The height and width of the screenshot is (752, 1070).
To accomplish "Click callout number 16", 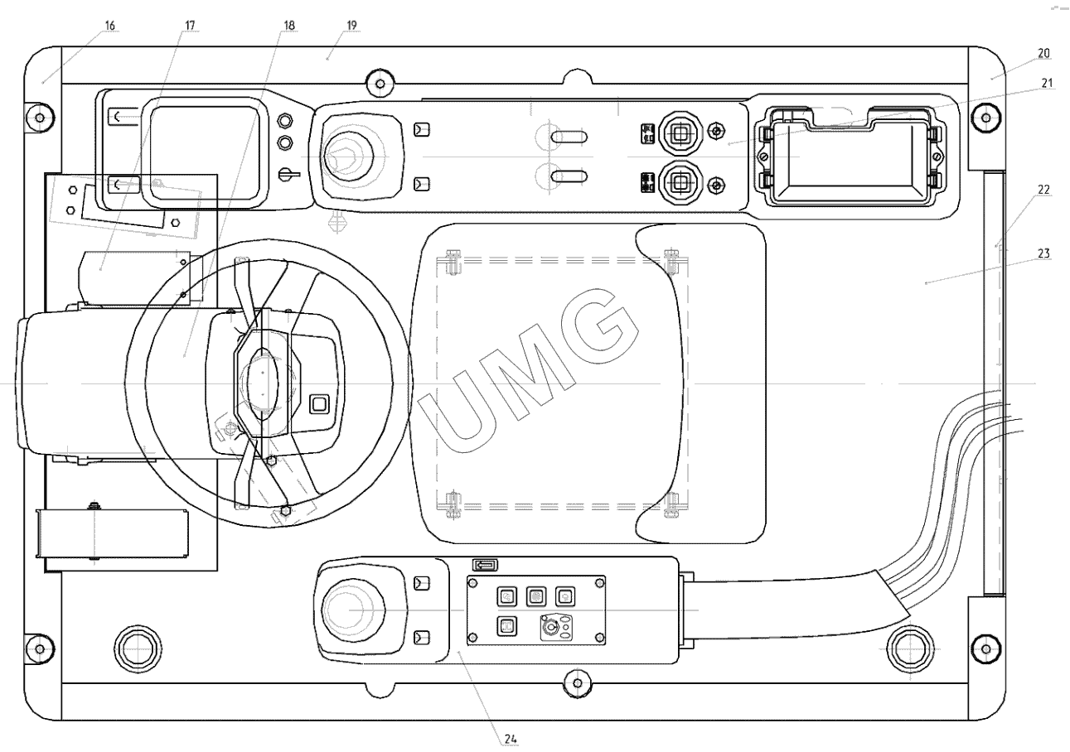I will [x=109, y=26].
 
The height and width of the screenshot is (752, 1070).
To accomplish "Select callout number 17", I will [x=189, y=26].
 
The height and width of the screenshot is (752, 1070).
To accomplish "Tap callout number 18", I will [x=288, y=26].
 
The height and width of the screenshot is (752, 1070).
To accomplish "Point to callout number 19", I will [x=351, y=26].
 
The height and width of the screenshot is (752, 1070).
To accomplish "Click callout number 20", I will [x=1043, y=53].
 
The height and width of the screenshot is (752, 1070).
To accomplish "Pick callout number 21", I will [x=1047, y=83].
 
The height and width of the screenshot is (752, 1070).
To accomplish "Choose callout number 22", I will [x=1043, y=190].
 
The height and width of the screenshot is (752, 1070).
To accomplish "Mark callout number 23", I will [x=1043, y=253].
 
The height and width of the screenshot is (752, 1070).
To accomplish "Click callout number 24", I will [x=511, y=738].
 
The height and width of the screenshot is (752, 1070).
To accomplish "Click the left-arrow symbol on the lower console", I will [x=485, y=565].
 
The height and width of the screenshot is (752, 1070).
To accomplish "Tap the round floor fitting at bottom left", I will [x=137, y=645].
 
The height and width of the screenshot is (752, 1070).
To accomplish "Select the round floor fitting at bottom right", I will [x=909, y=645].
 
